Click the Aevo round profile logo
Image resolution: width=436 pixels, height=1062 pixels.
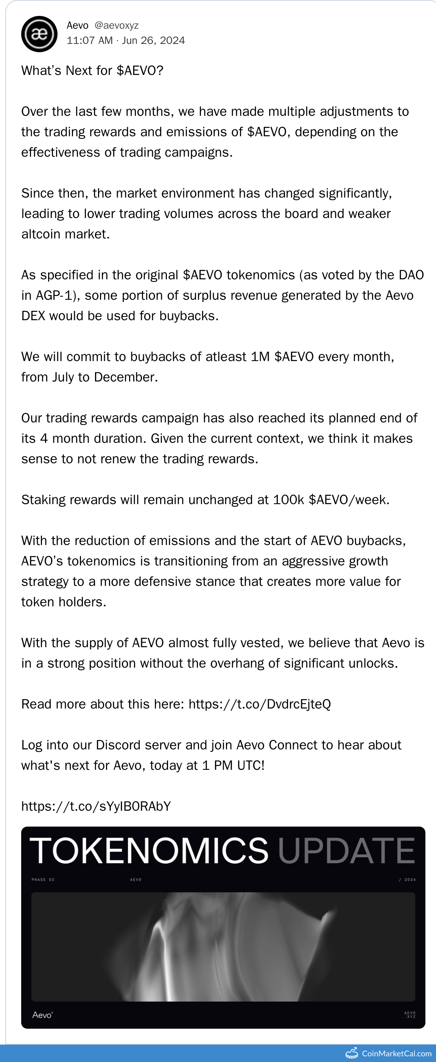39,34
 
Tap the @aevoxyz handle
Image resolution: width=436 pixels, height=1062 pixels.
116,26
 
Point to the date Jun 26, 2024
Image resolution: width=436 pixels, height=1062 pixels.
153,40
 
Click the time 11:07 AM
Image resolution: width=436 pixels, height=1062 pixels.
89,40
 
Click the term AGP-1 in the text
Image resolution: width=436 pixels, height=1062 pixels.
56,295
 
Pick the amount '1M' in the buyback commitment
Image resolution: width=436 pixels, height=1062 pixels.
260,357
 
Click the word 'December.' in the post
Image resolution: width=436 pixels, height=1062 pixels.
126,377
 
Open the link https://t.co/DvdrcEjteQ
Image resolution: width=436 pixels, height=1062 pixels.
260,704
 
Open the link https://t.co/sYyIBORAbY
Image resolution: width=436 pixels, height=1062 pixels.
96,807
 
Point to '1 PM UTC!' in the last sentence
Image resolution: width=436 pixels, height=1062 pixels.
233,766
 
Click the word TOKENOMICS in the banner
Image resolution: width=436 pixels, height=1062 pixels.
149,850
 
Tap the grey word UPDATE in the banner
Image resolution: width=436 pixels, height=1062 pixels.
346,850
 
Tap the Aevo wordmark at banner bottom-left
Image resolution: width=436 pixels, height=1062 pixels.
42,1015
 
